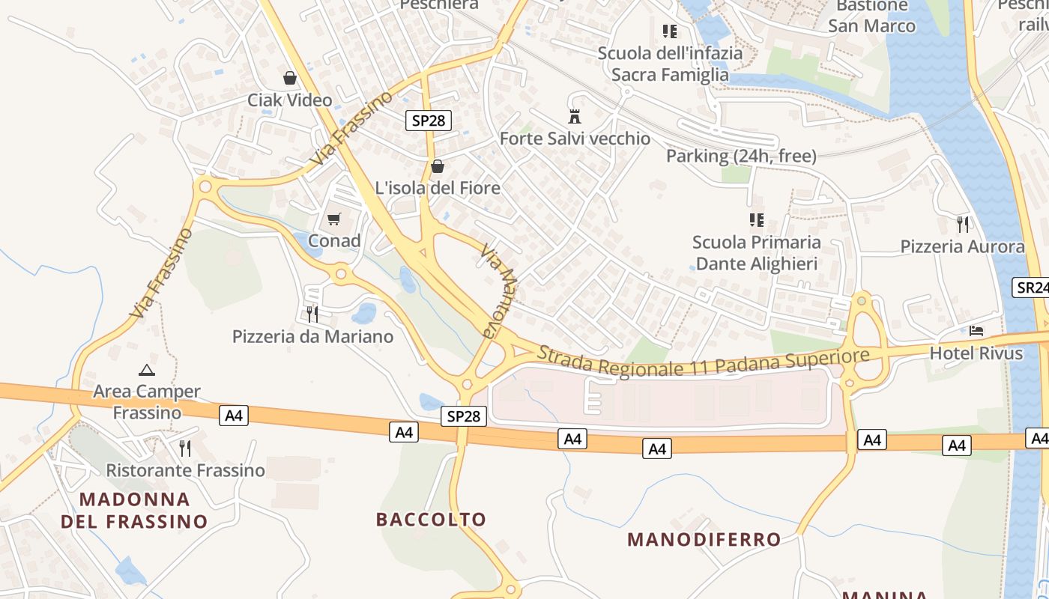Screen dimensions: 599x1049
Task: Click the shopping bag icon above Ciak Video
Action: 290,78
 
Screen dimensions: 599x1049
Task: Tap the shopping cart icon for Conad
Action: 334,219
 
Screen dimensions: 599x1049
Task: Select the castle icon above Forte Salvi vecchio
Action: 575,117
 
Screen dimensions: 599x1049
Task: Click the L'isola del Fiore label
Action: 438,188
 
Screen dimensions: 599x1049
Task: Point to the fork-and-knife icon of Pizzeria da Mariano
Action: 312,314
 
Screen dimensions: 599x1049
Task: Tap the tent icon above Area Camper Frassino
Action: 147,370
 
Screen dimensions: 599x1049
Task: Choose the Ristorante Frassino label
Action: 186,470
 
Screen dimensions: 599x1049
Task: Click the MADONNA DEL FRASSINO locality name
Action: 134,510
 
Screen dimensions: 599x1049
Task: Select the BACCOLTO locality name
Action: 431,519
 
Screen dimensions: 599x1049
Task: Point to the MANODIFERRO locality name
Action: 704,539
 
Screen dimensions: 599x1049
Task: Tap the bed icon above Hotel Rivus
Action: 976,330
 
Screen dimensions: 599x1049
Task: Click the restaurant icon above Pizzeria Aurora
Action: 963,223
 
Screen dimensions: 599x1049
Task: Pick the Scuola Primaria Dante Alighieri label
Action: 756,253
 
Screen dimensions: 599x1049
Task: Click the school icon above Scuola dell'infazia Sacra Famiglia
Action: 670,31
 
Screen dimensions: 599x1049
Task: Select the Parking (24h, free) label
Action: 741,156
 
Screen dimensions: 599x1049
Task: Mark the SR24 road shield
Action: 1032,287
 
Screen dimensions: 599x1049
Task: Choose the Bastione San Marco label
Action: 871,16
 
